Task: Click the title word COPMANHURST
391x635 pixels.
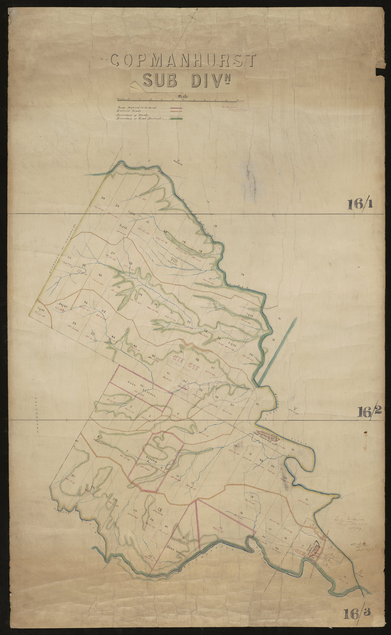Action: tap(183, 61)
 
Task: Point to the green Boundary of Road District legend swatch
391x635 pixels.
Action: tap(177, 119)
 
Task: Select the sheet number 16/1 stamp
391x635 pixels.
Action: tap(359, 204)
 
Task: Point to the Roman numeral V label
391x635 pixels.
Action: tap(296, 409)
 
